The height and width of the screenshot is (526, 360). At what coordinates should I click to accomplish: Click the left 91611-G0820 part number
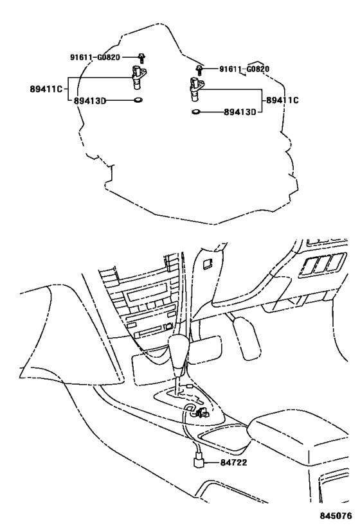point(95,57)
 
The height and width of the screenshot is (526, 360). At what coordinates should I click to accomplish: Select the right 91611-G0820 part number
point(244,69)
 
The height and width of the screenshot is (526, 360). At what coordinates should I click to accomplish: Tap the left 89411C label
point(46,89)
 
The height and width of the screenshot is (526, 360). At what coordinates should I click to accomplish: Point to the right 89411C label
point(283,100)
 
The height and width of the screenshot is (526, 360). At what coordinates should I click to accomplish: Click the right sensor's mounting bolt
point(201,69)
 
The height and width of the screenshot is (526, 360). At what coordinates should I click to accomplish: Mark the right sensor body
point(195,89)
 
